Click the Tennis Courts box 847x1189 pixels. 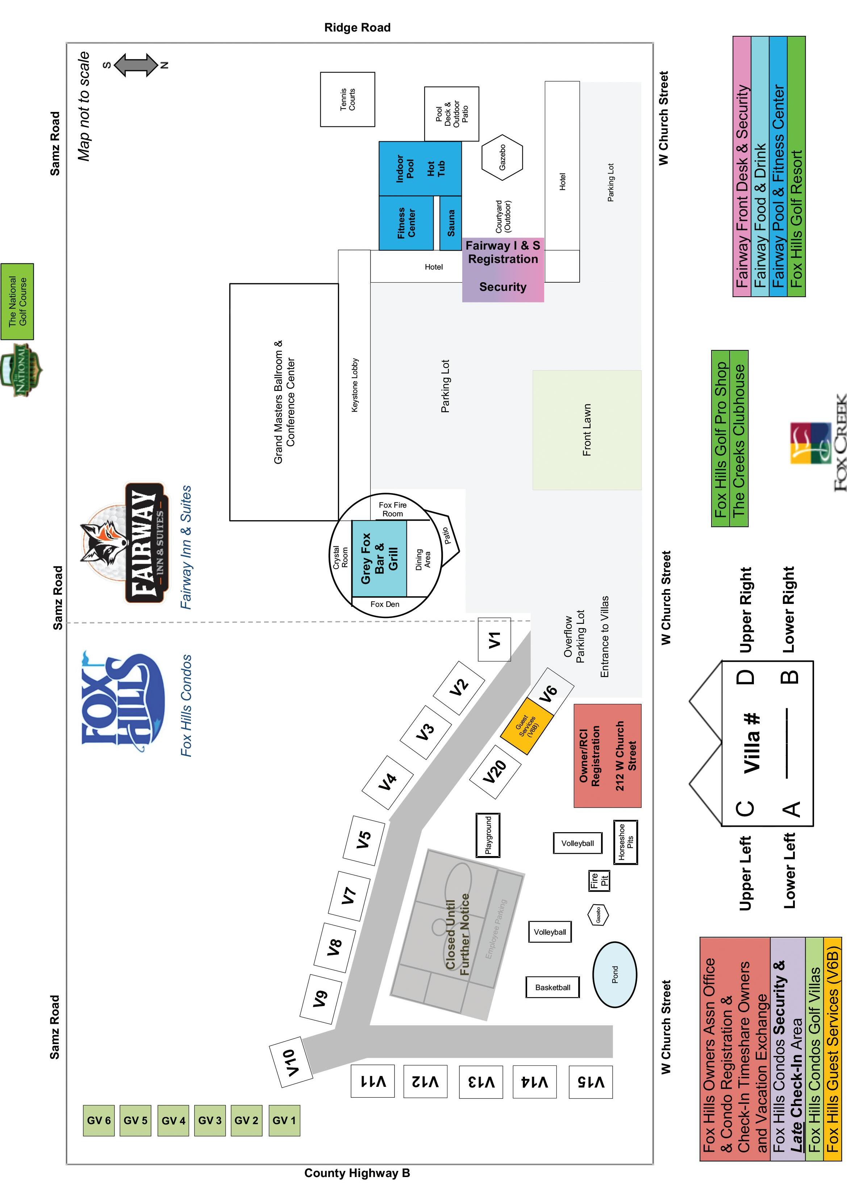(347, 99)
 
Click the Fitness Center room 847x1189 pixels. (406, 223)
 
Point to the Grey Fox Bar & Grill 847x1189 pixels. (379, 559)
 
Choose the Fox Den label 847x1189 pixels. (385, 604)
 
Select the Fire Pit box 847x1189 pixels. (599, 881)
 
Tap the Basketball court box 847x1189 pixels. (553, 987)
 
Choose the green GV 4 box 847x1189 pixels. (173, 1120)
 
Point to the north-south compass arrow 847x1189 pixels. (135, 65)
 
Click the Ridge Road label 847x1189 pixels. (357, 28)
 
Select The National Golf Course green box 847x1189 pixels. (17, 301)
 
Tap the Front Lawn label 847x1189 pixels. (587, 430)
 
